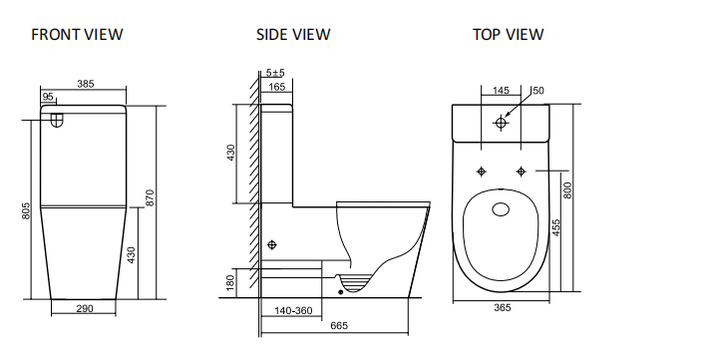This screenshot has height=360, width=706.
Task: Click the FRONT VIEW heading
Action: [77, 35]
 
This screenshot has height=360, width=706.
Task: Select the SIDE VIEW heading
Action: [293, 35]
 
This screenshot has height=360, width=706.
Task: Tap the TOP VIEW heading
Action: [508, 35]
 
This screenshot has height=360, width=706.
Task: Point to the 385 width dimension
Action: [84, 84]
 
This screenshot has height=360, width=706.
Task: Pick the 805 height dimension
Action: [27, 212]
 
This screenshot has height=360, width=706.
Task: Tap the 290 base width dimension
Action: [84, 309]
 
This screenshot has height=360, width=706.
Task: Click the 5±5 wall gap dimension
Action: [276, 73]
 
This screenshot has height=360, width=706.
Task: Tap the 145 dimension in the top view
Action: [502, 90]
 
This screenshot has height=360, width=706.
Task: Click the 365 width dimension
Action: [502, 308]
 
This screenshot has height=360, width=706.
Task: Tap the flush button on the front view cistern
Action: [57, 123]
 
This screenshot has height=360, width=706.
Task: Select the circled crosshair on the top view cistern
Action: [502, 123]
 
